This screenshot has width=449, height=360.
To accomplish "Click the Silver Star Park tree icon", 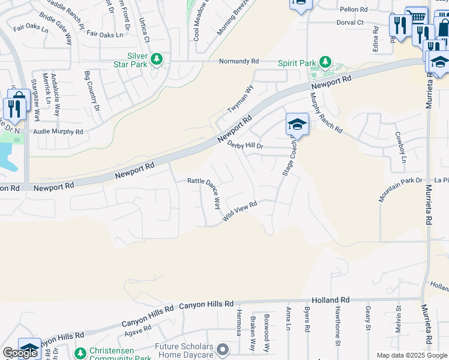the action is (157, 59).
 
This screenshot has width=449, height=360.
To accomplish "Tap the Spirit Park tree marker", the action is (325, 62).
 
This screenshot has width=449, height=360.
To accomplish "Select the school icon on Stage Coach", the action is (297, 124).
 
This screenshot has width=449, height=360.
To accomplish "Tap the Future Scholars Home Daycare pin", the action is (223, 349).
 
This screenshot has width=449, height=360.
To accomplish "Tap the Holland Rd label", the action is (331, 299).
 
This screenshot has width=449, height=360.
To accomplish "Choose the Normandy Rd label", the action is (238, 61).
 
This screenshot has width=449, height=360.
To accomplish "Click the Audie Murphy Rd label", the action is (58, 131).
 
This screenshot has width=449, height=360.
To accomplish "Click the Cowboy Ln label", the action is (400, 148).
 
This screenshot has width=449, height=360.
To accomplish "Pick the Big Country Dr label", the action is (92, 91).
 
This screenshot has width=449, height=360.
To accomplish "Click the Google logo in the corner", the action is (20, 353).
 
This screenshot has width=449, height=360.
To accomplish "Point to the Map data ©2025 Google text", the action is (412, 355).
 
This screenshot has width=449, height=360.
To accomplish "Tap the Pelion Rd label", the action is (353, 10).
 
